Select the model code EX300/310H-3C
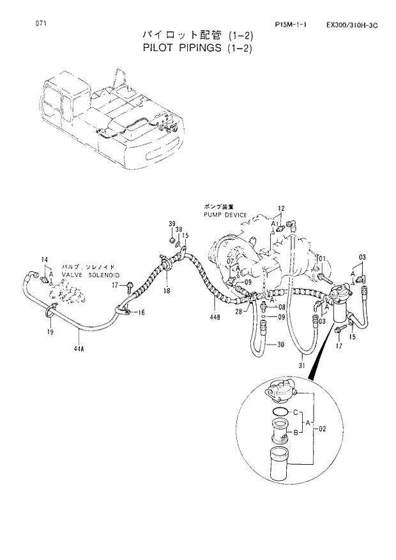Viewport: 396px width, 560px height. [x=351, y=25]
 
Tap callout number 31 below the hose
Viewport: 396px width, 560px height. [x=300, y=366]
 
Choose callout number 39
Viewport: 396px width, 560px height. [x=171, y=223]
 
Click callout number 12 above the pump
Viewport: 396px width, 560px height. [x=280, y=208]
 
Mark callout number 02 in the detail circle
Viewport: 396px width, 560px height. [x=323, y=428]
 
